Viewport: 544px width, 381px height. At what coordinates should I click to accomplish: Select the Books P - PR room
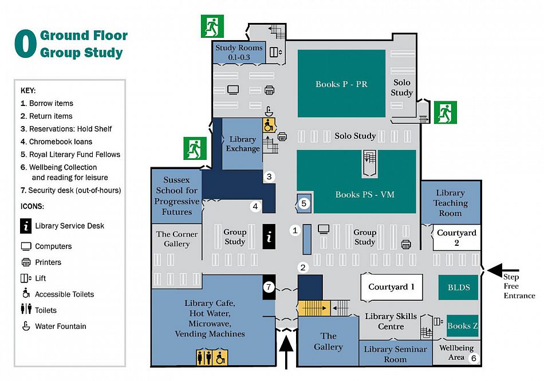pos(341,84)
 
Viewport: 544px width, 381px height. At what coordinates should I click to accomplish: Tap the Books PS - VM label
pos(365,194)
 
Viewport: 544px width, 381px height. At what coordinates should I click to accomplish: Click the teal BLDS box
pos(458,287)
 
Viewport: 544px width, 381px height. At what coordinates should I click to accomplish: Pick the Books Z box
pos(462,326)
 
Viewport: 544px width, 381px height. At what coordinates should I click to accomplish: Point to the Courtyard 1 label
pos(391,287)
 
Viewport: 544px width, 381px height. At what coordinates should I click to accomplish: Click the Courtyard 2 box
pos(456,238)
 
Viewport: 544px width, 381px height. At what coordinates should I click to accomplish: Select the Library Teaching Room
pos(450,203)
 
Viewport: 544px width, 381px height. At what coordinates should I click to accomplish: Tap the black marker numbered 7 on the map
pos(269,286)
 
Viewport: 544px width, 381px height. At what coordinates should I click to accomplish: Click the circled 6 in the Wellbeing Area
pos(473,358)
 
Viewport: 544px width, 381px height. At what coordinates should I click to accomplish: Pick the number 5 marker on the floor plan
pos(304,203)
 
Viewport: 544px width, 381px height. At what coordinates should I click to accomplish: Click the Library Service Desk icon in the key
pos(26,226)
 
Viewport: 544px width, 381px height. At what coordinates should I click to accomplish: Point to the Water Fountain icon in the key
pos(26,326)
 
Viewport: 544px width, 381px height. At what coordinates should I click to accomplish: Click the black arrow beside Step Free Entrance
pos(502,270)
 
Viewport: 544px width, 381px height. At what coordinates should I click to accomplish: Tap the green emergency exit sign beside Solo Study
pos(444,112)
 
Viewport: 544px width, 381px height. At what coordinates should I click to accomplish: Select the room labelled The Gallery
pos(328,341)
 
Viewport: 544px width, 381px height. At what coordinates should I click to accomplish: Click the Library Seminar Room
pos(395,354)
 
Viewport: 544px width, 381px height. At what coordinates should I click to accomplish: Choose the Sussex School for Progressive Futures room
pos(176,196)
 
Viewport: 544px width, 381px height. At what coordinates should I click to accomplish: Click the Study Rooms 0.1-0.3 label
pos(238,53)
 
